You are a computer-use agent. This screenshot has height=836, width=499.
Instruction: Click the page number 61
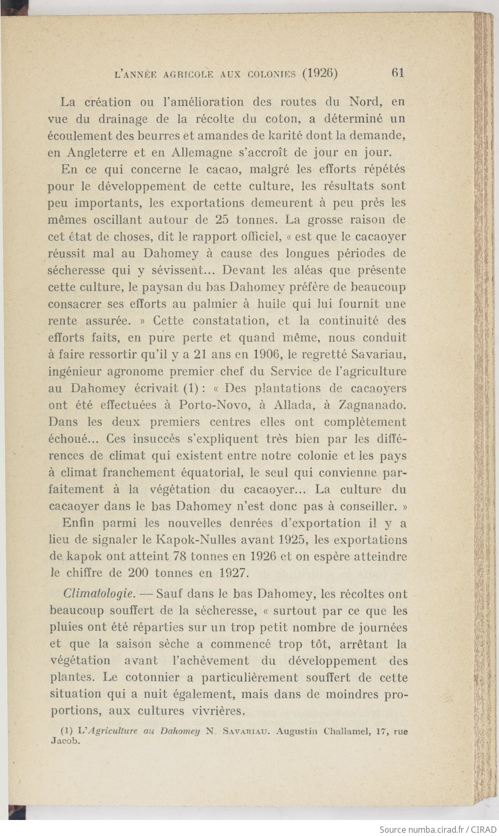398,73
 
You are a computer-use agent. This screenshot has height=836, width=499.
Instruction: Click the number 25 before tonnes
222,219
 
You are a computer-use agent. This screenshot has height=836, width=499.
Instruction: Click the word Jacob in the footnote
63,742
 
